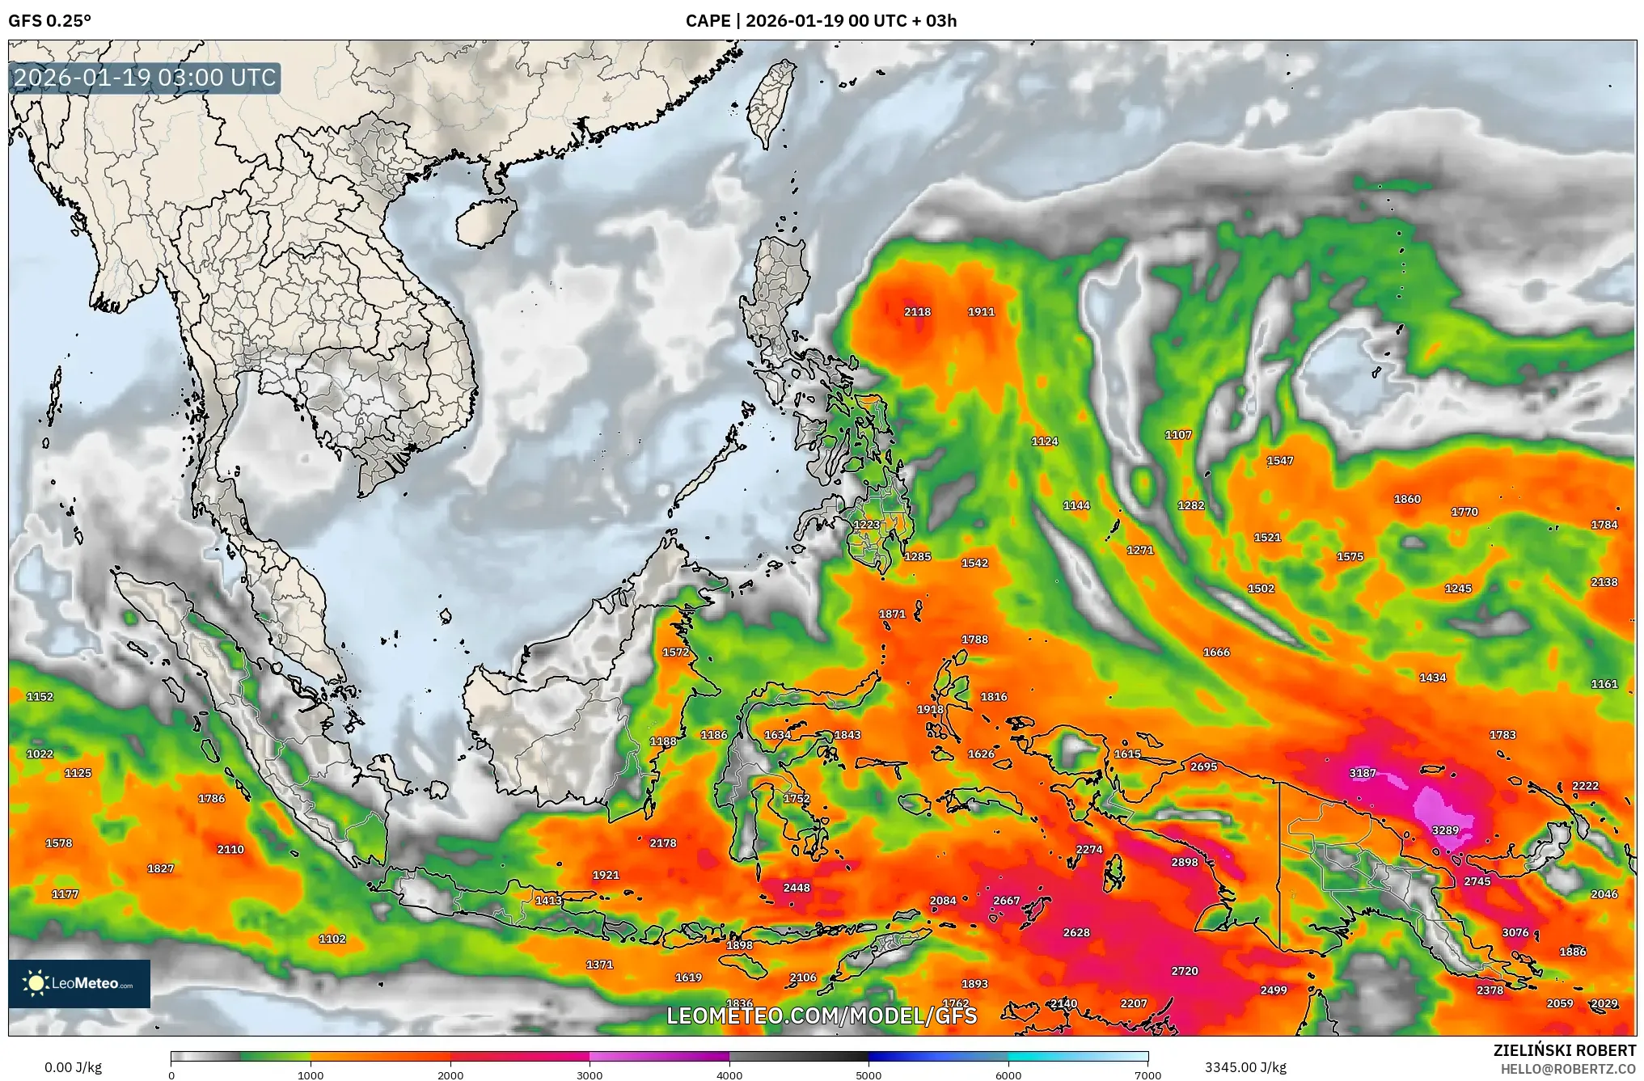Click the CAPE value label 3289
click(1445, 830)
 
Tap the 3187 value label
click(1363, 773)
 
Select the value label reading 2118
click(917, 312)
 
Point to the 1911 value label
click(981, 312)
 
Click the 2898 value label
click(1185, 863)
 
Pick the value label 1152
click(40, 697)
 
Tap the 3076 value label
click(1515, 933)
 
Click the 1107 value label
click(1178, 435)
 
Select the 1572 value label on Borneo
click(676, 652)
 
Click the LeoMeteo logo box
click(79, 983)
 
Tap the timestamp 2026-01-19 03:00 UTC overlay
click(146, 78)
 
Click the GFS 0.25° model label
click(50, 21)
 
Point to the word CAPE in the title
click(708, 21)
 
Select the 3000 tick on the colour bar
click(590, 1075)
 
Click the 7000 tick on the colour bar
click(1147, 1075)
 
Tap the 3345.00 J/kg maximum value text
click(1245, 1067)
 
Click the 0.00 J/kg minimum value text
click(73, 1067)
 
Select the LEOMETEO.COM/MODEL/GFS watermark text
click(822, 1016)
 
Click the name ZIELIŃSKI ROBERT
click(1564, 1050)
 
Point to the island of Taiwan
click(770, 101)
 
